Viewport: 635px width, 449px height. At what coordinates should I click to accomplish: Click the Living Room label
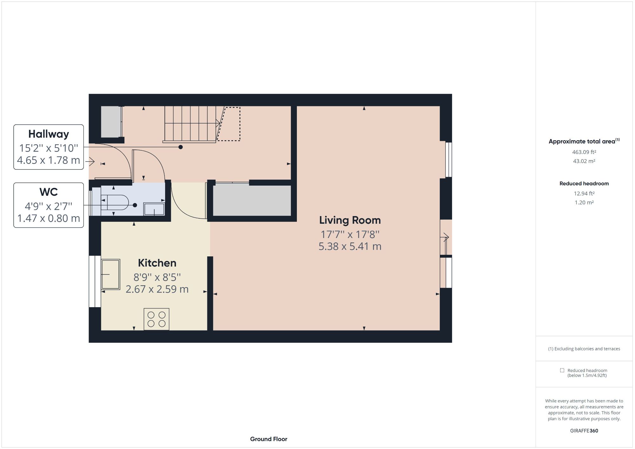pos(350,220)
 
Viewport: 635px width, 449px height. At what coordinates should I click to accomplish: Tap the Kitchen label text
pos(157,263)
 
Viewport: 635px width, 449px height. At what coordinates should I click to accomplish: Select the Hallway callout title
pos(49,134)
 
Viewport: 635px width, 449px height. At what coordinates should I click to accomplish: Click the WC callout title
pos(49,192)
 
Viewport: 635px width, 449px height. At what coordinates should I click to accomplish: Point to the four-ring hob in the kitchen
pos(157,319)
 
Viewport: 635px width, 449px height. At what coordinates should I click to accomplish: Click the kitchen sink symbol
pos(110,274)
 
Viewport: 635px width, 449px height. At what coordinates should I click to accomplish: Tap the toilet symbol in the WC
pos(116,202)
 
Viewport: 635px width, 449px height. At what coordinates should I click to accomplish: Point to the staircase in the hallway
pos(190,124)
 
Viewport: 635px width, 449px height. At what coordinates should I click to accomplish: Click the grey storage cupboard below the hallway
pos(252,201)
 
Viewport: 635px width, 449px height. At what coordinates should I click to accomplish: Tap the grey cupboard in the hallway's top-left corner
pos(111,122)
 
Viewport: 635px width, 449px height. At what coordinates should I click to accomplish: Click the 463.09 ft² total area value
pos(584,152)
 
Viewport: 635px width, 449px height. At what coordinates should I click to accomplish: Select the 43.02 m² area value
pos(584,161)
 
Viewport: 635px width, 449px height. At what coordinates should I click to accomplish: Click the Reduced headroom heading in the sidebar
pos(584,184)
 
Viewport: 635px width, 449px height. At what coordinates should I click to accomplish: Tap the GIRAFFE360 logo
pos(584,431)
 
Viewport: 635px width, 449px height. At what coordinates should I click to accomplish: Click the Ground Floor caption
pos(269,439)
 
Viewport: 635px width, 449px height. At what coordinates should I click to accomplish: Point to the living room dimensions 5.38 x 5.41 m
pos(350,247)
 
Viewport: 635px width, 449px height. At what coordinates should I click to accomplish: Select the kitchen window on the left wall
pos(95,281)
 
